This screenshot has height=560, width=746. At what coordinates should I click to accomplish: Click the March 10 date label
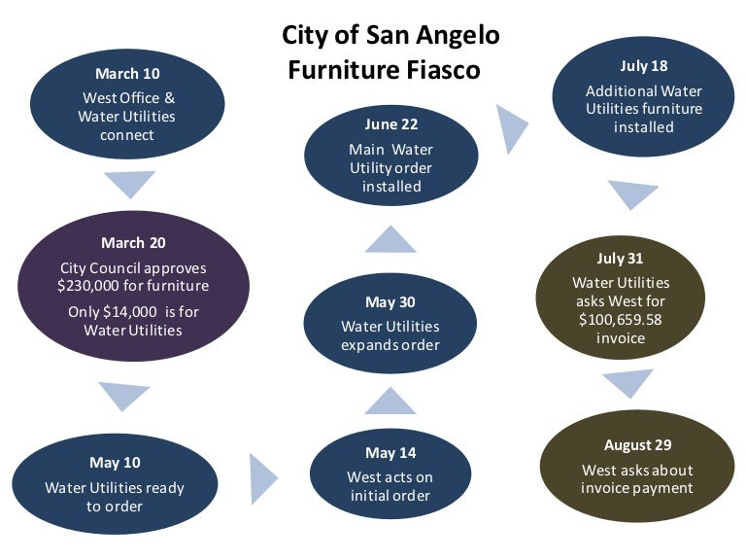[127, 74]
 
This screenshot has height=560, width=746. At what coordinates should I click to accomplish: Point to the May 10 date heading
[116, 463]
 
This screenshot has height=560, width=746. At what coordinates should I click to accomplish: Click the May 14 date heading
[390, 453]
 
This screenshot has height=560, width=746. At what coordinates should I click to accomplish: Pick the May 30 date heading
[390, 302]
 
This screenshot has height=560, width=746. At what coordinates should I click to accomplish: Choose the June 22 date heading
[391, 124]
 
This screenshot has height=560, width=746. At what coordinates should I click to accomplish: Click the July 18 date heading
[644, 66]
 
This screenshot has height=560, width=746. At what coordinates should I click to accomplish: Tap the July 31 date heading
[620, 258]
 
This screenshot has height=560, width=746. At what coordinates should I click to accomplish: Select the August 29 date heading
[637, 444]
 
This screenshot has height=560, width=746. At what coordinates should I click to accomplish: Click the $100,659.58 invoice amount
[621, 320]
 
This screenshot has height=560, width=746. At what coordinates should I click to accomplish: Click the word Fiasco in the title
[443, 70]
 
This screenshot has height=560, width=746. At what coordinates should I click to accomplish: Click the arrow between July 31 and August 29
[628, 381]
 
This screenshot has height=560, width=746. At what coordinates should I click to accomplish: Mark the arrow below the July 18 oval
[632, 192]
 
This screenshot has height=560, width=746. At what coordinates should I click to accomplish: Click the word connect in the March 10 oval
[127, 135]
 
